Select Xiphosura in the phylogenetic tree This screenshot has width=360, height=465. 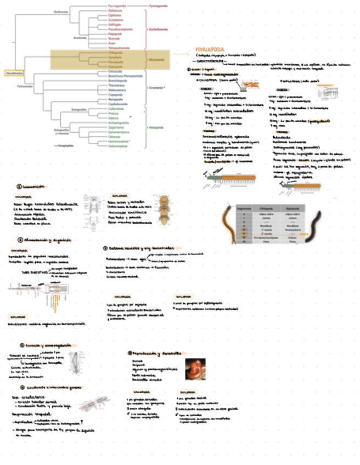[x=115, y=10]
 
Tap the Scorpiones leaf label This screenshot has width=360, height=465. [x=116, y=20]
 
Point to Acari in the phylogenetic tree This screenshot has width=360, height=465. [x=114, y=43]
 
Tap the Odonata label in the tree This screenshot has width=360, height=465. [x=115, y=137]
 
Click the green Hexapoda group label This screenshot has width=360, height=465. [x=157, y=127]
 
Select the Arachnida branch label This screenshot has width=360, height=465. [x=81, y=38]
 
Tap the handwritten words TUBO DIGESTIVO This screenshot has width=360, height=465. [x=32, y=271]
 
